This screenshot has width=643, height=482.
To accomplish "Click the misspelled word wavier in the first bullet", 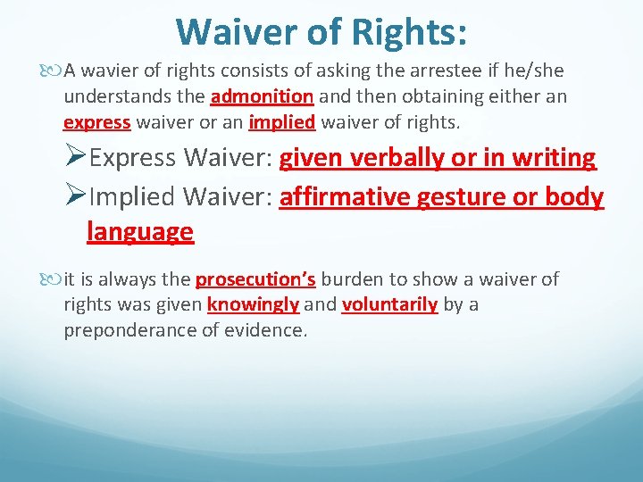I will click(111, 71).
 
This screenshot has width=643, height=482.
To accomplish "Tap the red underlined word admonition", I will click(262, 96).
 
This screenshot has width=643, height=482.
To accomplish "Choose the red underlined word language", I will click(140, 232).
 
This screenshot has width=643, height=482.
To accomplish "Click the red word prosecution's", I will click(255, 279).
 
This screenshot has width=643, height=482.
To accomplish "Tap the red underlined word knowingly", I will click(253, 305).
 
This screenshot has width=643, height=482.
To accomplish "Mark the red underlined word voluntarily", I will click(389, 305).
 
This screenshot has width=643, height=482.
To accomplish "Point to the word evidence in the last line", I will click(270, 330).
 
